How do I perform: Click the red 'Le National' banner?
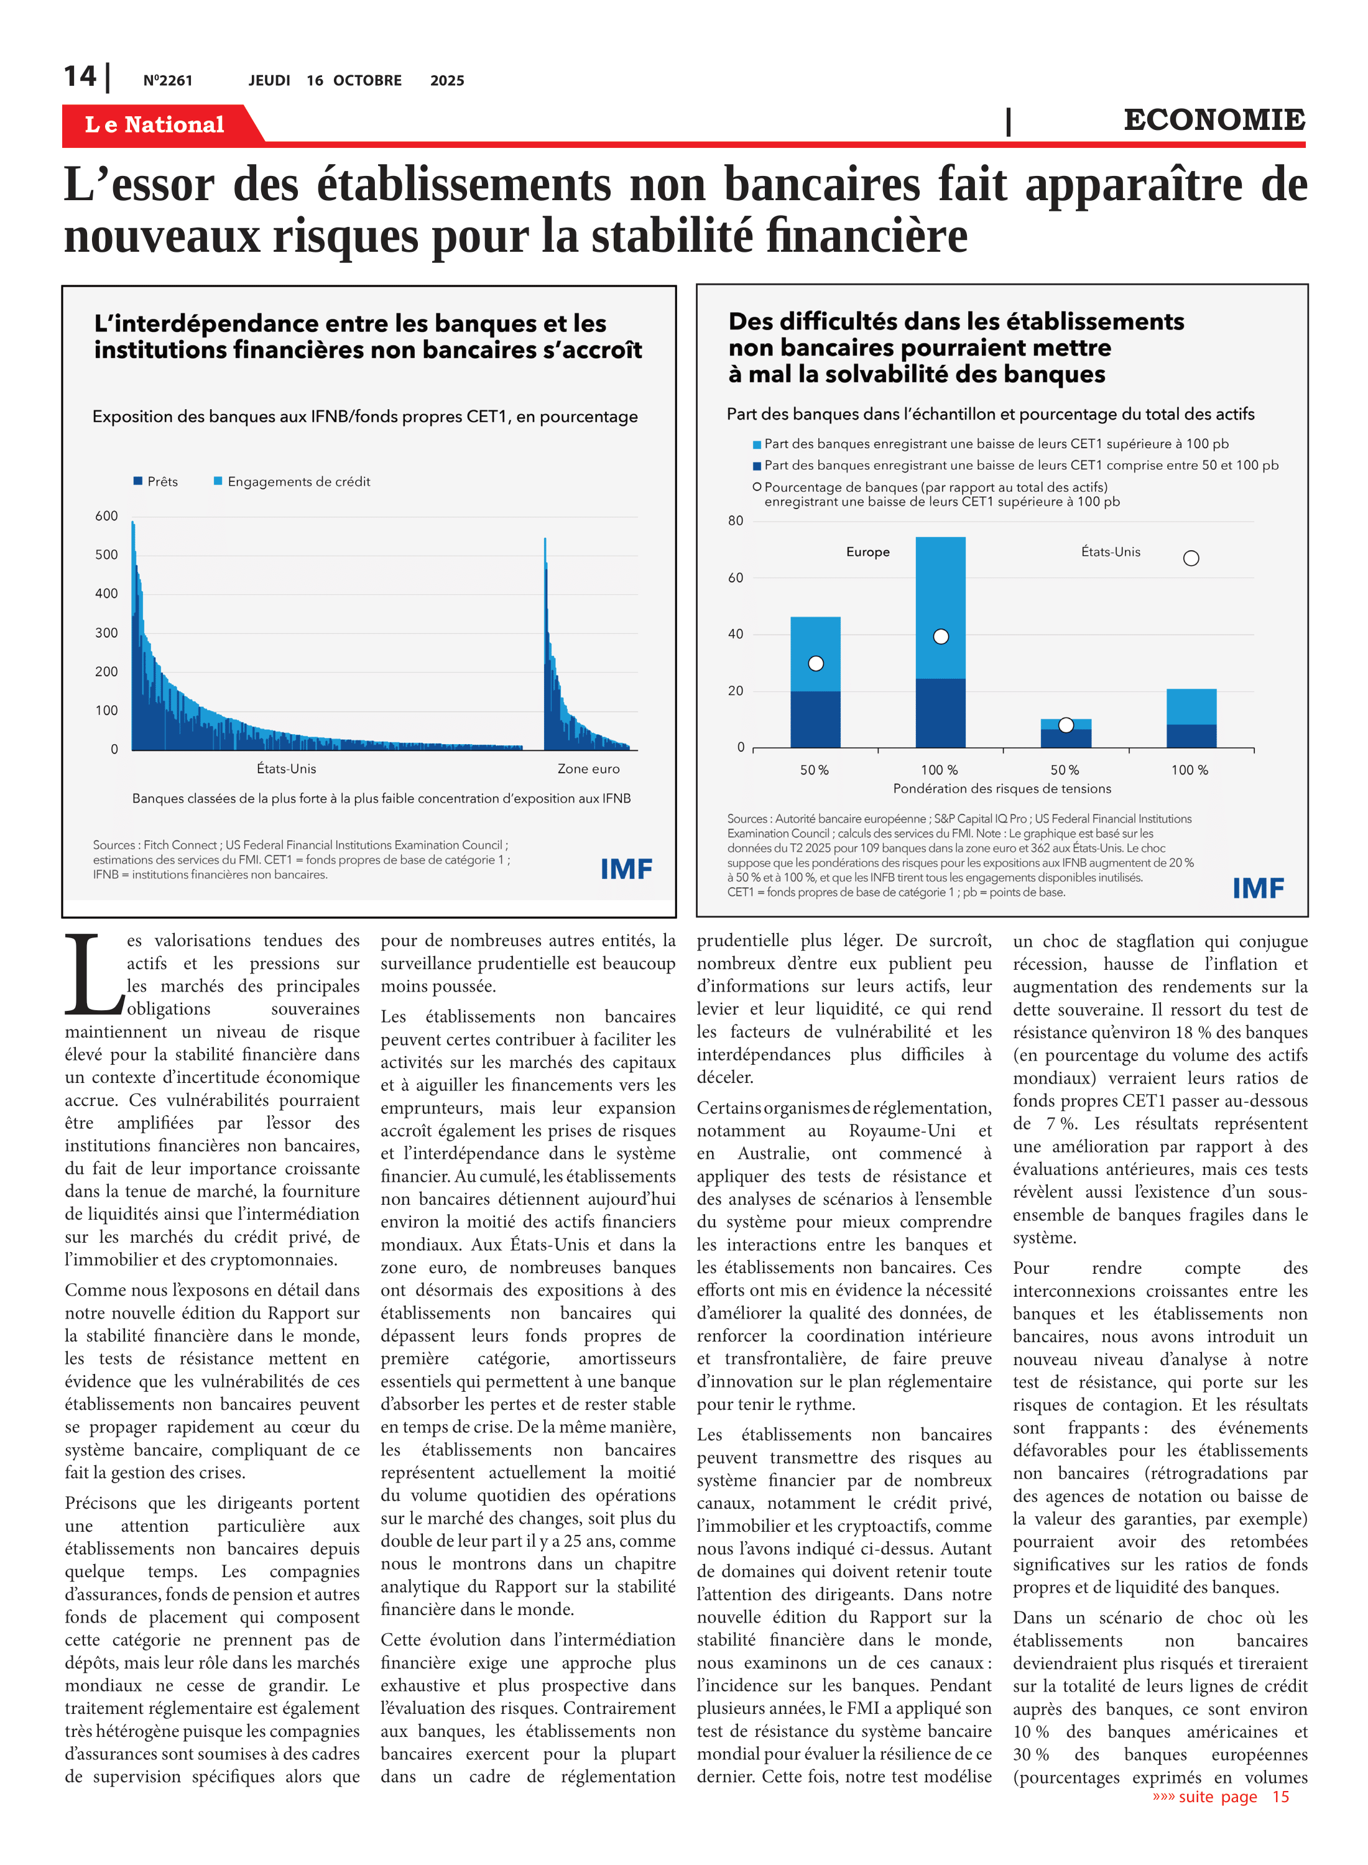155,124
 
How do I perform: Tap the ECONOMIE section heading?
1213,120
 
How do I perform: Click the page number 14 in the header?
80,76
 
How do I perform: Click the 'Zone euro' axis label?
588,769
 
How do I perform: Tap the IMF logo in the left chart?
626,869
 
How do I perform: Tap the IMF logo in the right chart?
1258,888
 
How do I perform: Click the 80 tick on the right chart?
736,521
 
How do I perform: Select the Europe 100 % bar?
940,642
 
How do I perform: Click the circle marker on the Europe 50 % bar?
816,663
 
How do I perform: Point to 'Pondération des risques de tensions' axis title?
1002,789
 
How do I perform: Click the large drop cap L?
93,974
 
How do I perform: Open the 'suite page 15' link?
1221,1796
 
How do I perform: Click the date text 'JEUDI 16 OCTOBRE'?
325,80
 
